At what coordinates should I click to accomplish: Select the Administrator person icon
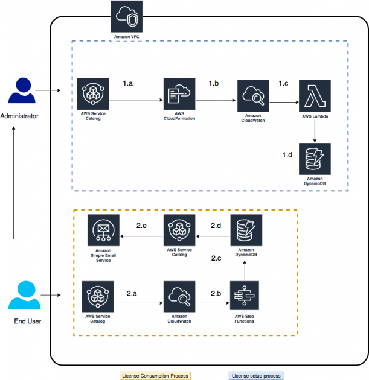click(x=20, y=92)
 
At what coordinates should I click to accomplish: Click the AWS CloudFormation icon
click(x=178, y=94)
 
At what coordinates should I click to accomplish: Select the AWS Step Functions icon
click(x=244, y=296)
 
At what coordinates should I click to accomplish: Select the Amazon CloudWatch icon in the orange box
click(x=178, y=296)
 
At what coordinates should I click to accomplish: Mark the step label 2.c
click(x=218, y=258)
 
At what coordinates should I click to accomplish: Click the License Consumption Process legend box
click(x=155, y=376)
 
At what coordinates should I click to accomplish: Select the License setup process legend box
click(x=256, y=376)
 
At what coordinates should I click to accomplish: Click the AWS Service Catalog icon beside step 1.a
click(x=95, y=94)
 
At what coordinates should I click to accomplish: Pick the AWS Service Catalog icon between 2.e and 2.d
click(x=178, y=230)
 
